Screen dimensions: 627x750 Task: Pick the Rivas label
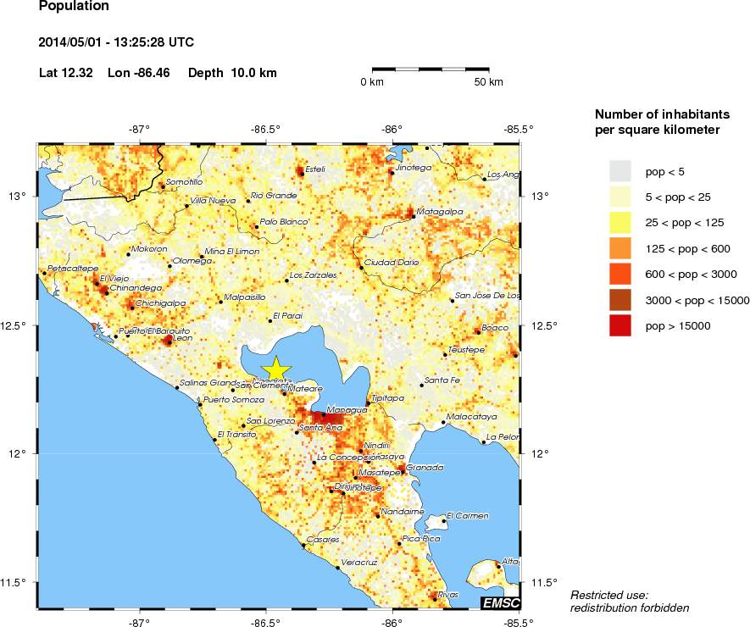[x=448, y=595]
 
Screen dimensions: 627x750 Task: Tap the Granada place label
[x=425, y=467]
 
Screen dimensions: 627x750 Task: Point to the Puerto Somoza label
[x=234, y=400]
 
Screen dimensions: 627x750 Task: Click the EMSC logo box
[x=500, y=602]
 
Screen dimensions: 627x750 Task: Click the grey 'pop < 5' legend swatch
[x=620, y=172]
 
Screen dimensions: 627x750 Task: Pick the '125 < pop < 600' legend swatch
[x=620, y=248]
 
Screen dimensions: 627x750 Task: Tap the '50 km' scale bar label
[x=488, y=82]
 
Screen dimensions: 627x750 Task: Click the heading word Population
[x=74, y=7]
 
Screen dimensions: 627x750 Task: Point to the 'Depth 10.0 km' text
[x=232, y=73]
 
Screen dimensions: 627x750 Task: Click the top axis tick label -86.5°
[x=266, y=130]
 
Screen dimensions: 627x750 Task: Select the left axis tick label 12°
[x=19, y=453]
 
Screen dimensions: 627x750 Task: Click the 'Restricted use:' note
[x=609, y=595]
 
